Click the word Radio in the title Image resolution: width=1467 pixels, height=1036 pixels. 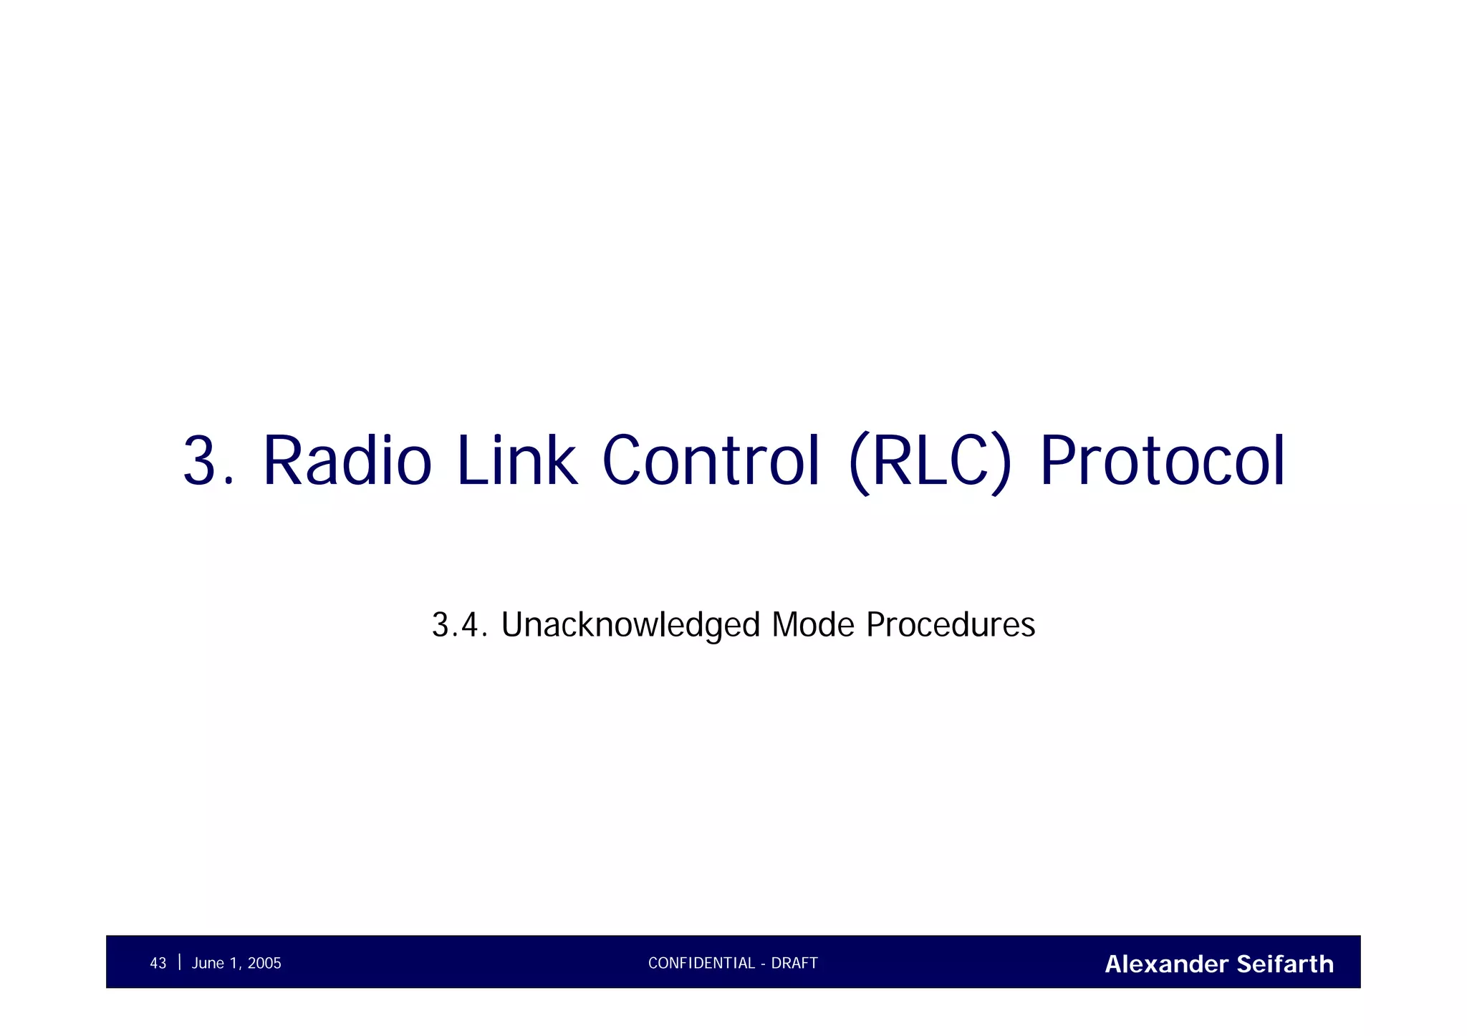[347, 461]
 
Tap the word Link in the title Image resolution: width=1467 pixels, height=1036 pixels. [516, 461]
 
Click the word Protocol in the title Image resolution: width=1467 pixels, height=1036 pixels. [1162, 461]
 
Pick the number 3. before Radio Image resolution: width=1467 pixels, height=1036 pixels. [208, 461]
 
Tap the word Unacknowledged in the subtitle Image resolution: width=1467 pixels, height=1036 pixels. [630, 624]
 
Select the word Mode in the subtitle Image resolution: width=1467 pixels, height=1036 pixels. [812, 624]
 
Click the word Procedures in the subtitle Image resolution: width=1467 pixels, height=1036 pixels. [950, 624]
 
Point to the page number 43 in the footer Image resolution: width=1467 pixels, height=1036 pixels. [158, 964]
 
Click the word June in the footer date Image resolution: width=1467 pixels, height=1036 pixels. [208, 964]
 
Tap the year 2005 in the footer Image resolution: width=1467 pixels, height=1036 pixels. [264, 964]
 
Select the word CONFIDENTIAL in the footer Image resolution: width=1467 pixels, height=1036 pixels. [701, 964]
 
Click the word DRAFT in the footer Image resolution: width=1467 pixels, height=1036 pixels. [794, 964]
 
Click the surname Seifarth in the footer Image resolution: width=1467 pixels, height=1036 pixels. [1285, 964]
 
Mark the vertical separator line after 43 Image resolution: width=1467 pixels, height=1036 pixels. [179, 962]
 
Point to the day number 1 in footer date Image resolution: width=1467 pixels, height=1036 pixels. [231, 964]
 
